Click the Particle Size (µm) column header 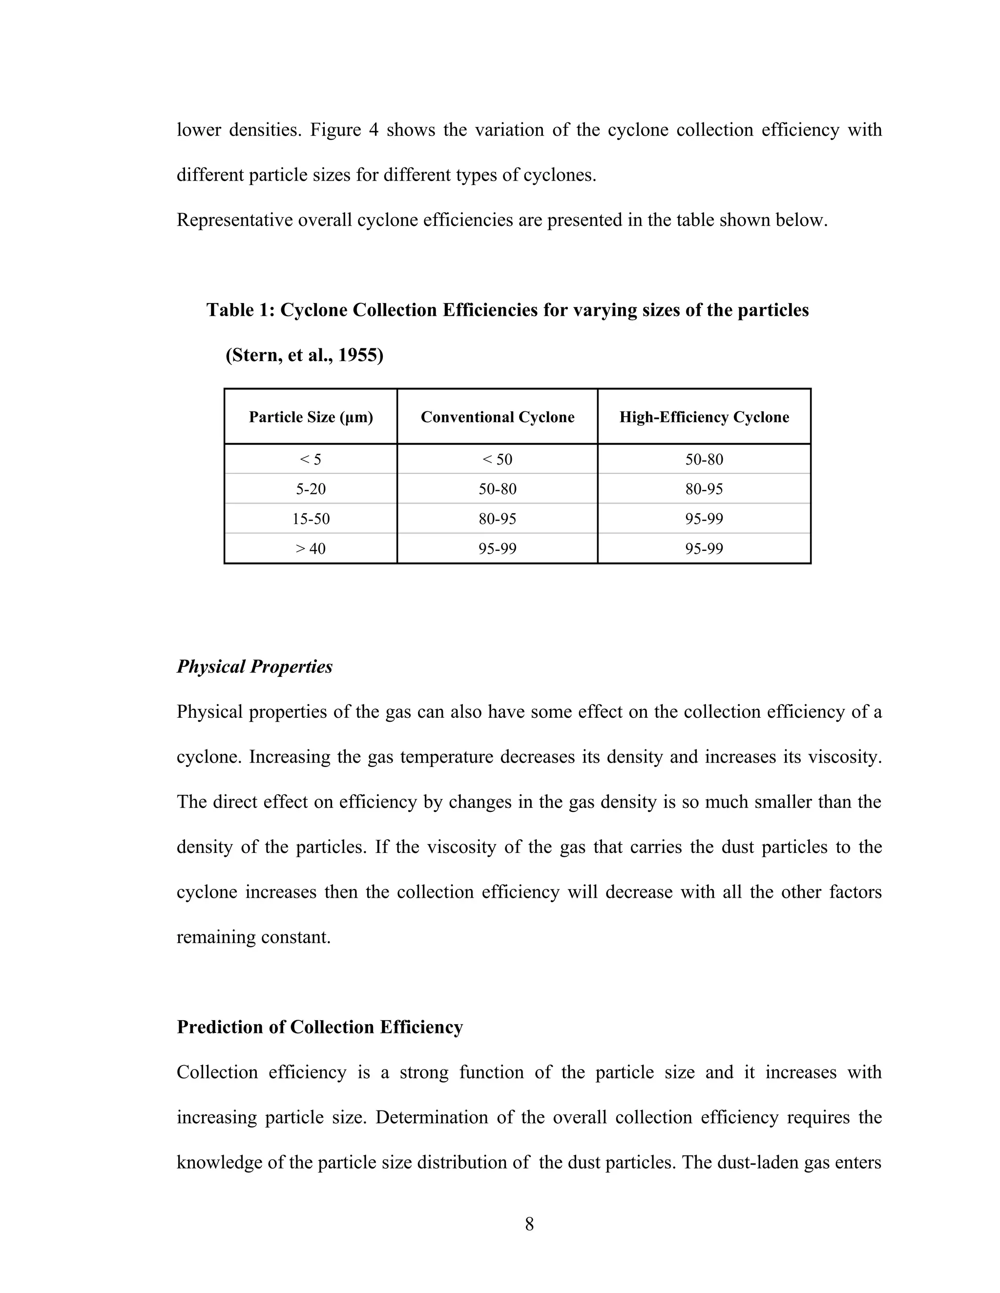[311, 417]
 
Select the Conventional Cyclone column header [497, 417]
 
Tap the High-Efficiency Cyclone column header [704, 417]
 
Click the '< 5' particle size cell [311, 460]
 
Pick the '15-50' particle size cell [311, 519]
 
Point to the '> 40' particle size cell [311, 549]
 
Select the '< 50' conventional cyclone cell [497, 460]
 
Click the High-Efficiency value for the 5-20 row [704, 489]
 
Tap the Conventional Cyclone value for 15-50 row [497, 519]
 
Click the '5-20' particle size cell [311, 489]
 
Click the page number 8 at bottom [529, 1224]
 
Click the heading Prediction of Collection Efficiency [319, 1027]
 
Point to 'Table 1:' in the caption [241, 310]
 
